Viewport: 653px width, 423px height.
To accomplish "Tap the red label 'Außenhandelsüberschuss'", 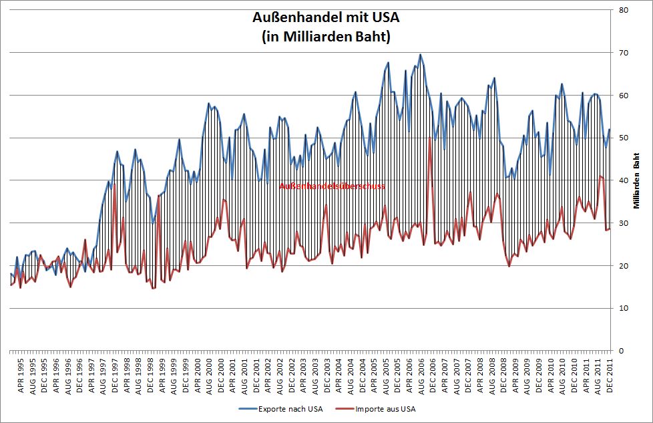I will (x=332, y=186).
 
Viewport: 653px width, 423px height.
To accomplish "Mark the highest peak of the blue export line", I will (x=420, y=55).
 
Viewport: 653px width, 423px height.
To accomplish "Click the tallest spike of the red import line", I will (x=429, y=139).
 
